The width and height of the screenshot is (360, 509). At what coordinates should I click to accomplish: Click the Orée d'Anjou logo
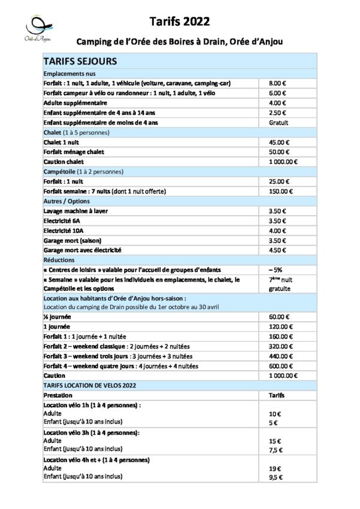(40, 29)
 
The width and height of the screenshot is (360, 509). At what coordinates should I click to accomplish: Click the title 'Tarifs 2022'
(180, 22)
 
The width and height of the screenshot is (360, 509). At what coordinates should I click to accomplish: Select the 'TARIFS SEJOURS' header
(80, 61)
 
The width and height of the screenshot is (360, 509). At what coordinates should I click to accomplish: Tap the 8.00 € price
(278, 83)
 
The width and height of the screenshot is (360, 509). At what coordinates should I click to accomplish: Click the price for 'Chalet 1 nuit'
(279, 143)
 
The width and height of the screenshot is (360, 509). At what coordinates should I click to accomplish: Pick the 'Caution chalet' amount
(283, 162)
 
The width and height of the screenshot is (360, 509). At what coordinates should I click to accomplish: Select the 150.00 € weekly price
(280, 191)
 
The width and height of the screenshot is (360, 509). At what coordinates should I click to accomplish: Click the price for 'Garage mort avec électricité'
(278, 250)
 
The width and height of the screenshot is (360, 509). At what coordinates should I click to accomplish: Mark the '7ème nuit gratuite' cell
(279, 283)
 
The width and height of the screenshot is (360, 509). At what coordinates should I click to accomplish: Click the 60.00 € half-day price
(279, 317)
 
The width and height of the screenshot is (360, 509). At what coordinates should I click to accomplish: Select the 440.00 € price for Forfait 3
(280, 356)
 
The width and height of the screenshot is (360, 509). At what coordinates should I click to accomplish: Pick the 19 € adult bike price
(274, 468)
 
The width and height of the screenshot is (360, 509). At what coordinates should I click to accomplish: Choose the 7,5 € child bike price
(275, 449)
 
